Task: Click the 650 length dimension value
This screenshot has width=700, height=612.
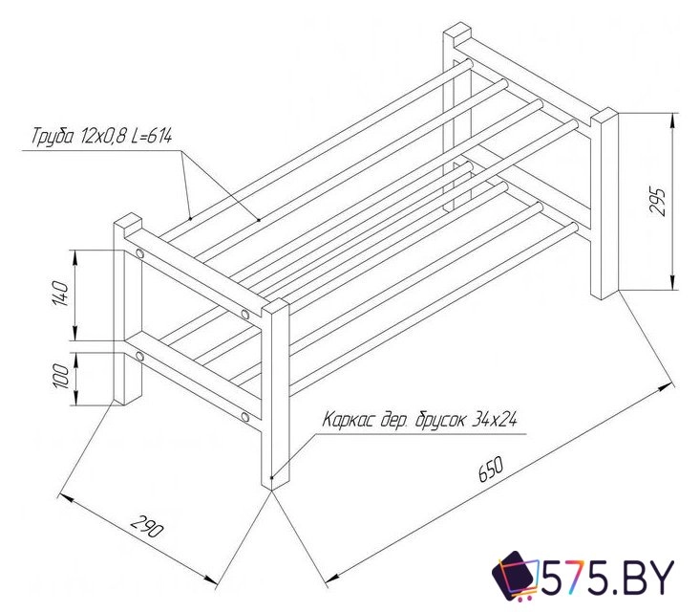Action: (x=491, y=470)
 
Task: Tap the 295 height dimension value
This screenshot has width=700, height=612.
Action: (x=658, y=202)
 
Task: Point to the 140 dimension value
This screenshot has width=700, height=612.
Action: (x=61, y=294)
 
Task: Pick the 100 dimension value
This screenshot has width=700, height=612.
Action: (x=61, y=377)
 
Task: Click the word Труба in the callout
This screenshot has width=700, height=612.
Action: (x=53, y=136)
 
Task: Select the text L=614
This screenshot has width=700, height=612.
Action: (x=152, y=136)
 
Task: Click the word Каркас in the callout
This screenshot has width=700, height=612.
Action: (x=349, y=420)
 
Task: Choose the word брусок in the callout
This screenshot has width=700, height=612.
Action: (x=439, y=421)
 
